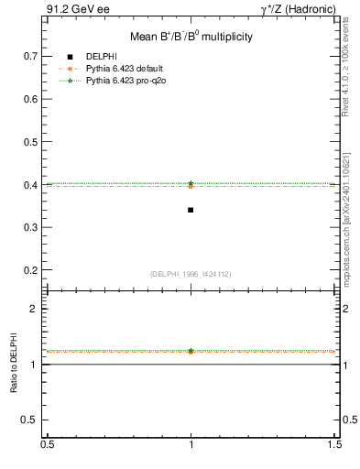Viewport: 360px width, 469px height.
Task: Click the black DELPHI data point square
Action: click(x=191, y=210)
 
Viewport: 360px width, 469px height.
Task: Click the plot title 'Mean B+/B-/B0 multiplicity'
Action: click(x=191, y=38)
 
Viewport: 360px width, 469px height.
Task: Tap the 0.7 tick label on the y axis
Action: click(x=31, y=56)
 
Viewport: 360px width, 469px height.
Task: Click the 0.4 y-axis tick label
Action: click(x=31, y=185)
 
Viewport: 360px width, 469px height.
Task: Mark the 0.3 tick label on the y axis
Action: click(x=31, y=228)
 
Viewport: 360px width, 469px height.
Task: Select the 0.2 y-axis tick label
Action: click(x=31, y=271)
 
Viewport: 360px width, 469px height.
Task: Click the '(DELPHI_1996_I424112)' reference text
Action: click(x=191, y=274)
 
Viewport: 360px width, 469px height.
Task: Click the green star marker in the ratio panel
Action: click(x=191, y=351)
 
